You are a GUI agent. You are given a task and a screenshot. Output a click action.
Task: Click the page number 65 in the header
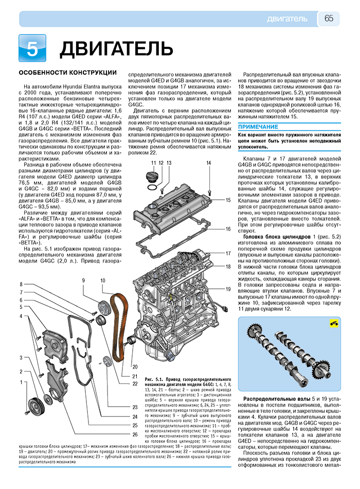pos(329,19)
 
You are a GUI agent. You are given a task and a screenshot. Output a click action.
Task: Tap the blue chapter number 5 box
pos(32,48)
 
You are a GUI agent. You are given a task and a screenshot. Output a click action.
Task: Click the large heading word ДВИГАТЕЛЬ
pos(116,49)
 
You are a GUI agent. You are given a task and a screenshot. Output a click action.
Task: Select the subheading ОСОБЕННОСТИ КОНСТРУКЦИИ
pos(68,73)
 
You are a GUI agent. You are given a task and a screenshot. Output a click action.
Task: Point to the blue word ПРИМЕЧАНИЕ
pos(258,127)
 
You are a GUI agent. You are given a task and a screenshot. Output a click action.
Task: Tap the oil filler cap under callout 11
pos(153,177)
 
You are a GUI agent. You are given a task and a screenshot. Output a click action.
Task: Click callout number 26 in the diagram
pos(135,434)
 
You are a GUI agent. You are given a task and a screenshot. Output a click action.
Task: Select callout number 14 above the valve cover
pos(208,163)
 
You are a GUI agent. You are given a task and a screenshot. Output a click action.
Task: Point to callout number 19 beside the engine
pos(228,289)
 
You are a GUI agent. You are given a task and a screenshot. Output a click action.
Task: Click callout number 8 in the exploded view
pos(21,284)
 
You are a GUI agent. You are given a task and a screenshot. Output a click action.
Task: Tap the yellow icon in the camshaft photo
pos(334,324)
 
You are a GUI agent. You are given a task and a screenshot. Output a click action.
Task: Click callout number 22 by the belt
pos(135,383)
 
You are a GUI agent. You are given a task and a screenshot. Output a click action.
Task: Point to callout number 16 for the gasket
pos(228,229)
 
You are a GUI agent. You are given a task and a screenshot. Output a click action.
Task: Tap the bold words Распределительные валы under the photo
pos(277,399)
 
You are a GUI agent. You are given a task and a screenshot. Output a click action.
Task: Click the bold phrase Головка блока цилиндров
pos(277,237)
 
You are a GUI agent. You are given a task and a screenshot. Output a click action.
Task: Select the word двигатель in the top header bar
pos(287,19)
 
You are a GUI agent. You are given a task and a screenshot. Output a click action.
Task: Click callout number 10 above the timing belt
pos(103,281)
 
